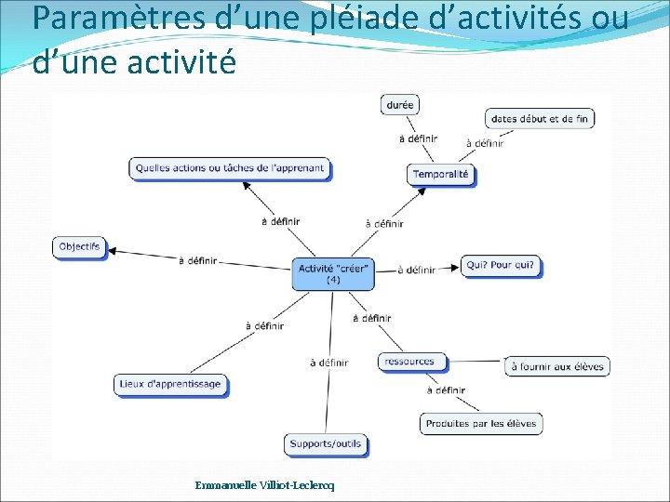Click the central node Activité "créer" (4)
(333, 273)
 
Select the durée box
(399, 105)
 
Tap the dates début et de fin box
(539, 119)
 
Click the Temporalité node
(441, 174)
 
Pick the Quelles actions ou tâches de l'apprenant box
(230, 168)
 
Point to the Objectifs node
(79, 246)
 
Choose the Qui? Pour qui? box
(501, 266)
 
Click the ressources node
(409, 362)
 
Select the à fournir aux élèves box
(557, 366)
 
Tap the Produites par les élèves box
(481, 424)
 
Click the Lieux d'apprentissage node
(170, 384)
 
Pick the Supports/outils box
(326, 444)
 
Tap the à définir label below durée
(418, 139)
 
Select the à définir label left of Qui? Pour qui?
(416, 271)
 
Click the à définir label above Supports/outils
(328, 363)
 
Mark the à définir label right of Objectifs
(197, 261)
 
